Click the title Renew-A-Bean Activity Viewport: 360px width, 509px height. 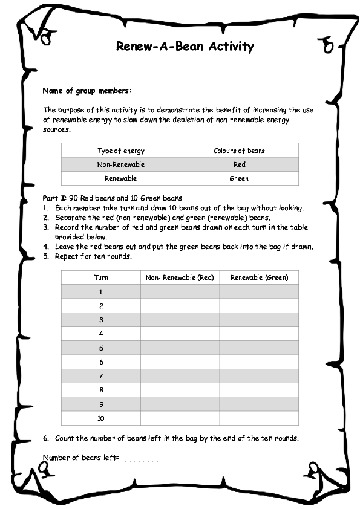(185, 47)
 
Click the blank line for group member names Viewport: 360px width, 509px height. (224, 92)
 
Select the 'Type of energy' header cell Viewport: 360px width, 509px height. (121, 151)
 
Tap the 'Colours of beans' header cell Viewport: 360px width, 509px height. (239, 151)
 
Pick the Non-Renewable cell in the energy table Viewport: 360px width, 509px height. (121, 164)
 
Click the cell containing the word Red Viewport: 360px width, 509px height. (239, 164)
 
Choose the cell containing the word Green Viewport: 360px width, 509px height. (239, 178)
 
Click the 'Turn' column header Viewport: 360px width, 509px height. (101, 277)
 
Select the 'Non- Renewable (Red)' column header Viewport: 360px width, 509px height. (180, 277)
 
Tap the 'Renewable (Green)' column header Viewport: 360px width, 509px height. (259, 277)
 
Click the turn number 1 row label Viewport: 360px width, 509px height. (101, 291)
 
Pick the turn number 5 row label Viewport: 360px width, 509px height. (101, 348)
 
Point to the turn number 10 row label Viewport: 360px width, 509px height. (101, 418)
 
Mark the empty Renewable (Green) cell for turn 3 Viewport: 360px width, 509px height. (259, 320)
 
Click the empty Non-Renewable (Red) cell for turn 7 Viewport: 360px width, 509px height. (180, 376)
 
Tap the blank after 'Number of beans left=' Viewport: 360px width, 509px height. (143, 459)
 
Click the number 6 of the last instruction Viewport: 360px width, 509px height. (46, 438)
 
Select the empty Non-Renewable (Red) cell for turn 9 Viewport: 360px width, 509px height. (180, 404)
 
